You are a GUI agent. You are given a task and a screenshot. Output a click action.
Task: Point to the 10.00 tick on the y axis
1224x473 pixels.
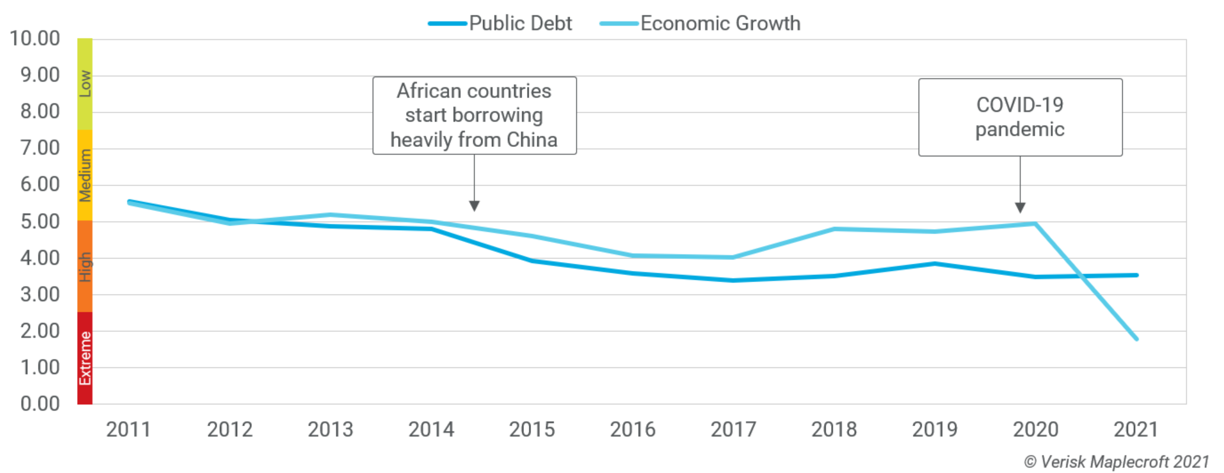[x=35, y=39]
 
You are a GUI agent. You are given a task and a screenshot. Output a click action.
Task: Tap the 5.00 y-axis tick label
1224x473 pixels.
[x=40, y=222]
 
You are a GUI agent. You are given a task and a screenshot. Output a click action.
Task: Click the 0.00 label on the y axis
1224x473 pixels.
[x=40, y=404]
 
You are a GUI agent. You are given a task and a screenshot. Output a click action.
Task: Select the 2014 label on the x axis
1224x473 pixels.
[x=431, y=430]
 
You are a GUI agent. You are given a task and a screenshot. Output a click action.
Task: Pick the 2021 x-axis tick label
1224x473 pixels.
[x=1136, y=430]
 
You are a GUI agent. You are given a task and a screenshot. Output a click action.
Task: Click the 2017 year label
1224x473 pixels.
[x=733, y=430]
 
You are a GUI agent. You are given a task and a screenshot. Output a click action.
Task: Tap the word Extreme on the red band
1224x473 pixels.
[x=85, y=359]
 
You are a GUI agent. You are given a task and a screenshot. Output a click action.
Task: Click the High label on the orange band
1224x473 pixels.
[x=85, y=267]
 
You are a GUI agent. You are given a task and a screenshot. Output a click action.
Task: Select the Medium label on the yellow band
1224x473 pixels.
[x=85, y=175]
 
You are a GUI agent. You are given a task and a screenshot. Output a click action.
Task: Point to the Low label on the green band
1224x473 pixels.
[x=85, y=84]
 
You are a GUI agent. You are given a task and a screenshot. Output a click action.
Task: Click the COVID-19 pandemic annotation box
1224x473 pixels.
[x=1020, y=117]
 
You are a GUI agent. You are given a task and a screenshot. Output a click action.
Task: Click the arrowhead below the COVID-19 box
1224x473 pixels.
[x=1020, y=207]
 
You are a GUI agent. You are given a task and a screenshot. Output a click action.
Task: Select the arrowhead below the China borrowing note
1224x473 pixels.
[x=474, y=206]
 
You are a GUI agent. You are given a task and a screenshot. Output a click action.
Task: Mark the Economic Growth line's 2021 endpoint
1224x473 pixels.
[x=1136, y=338]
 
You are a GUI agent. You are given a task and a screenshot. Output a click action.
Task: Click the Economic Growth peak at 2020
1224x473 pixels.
[x=1035, y=223]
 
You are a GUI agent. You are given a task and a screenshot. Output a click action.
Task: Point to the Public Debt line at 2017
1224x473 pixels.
[x=733, y=280]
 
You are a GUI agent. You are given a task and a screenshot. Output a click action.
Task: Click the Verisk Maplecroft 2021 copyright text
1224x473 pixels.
[x=1116, y=462]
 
